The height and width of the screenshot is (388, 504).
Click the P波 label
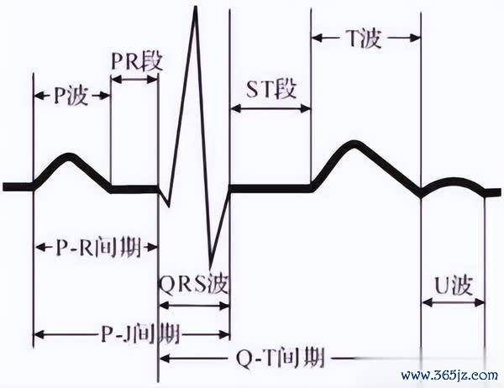[x=70, y=96]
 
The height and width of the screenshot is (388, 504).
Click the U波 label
[x=454, y=286]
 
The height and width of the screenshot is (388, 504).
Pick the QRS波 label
[x=194, y=284]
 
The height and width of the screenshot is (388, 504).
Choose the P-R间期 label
[x=98, y=247]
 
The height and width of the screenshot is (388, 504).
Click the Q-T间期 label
[x=280, y=358]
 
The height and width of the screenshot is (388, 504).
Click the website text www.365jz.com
[x=449, y=375]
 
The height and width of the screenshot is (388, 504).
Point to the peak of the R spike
[x=196, y=7]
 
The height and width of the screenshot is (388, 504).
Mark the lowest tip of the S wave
[x=210, y=266]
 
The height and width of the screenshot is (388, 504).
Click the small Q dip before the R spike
[x=167, y=204]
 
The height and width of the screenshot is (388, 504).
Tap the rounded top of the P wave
[x=69, y=155]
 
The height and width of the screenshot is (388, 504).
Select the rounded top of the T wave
[x=354, y=143]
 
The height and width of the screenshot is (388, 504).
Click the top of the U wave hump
[x=454, y=180]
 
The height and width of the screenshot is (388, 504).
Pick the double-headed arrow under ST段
[x=270, y=108]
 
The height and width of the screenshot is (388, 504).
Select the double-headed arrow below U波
[x=454, y=302]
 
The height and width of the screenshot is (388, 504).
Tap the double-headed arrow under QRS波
[x=195, y=306]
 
